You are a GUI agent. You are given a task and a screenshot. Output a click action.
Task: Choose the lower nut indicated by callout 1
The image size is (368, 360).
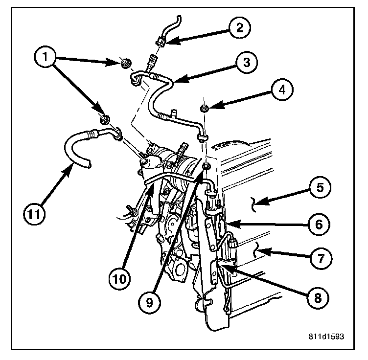(104, 119)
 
